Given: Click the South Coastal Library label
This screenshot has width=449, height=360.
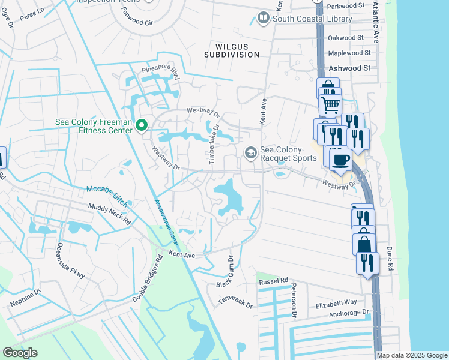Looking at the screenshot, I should (x=313, y=19).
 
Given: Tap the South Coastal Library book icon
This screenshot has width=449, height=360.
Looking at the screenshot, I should (x=263, y=19).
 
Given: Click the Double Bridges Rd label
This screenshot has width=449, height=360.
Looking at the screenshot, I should (x=148, y=279).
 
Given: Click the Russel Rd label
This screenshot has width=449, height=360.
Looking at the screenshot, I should (x=273, y=281).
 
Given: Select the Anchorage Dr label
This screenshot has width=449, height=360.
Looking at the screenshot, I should (x=348, y=313).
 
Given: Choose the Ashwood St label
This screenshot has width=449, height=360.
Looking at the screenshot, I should (x=349, y=68).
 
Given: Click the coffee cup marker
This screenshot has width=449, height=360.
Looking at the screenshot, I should (x=340, y=160).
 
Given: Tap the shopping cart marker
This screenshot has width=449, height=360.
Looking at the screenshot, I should (x=330, y=106).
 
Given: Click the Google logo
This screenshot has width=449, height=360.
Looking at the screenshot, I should (x=20, y=353).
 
